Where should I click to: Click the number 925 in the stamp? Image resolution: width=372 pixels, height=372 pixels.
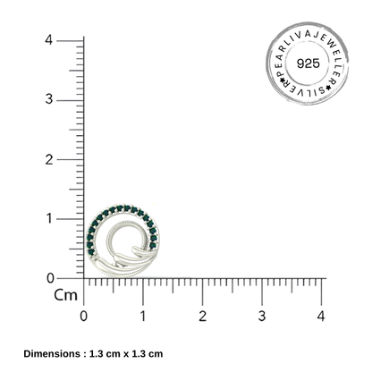pos(309,63)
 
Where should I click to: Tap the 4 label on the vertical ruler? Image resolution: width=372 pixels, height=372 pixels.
pos(49,39)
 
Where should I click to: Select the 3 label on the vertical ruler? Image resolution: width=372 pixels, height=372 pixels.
pos(49,99)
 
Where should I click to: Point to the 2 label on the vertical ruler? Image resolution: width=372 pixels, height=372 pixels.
pos(49,160)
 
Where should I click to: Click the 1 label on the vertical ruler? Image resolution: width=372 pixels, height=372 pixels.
pos(50,219)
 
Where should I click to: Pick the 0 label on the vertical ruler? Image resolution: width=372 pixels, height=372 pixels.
pos(51,278)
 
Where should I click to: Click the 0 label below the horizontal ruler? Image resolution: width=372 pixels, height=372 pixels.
pos(84,316)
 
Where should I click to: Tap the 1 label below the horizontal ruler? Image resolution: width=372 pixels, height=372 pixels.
pos(143,316)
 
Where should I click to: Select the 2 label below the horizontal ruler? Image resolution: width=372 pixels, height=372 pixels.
pos(203,316)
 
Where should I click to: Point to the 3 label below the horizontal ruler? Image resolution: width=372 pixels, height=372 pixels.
pos(262,316)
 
